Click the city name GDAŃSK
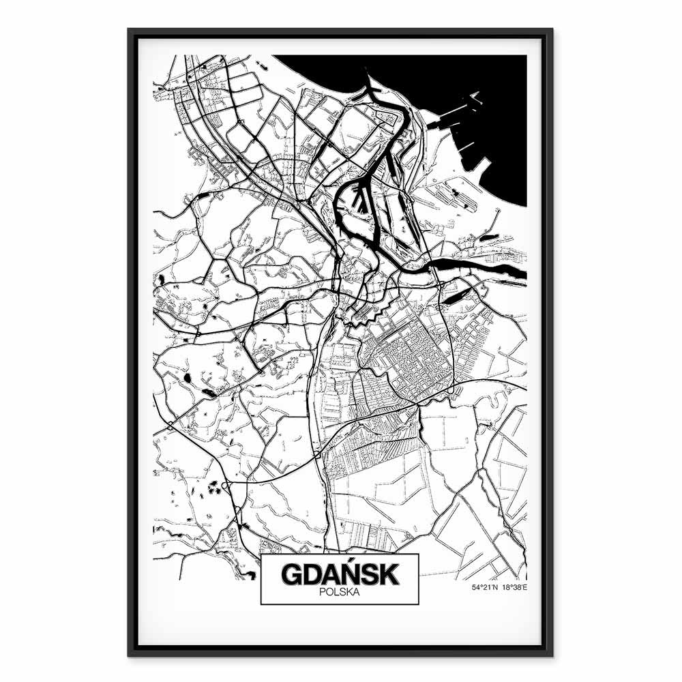(x=339, y=574)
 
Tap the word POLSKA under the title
(x=339, y=593)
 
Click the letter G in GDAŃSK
(x=291, y=574)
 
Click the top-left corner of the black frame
(x=130, y=30)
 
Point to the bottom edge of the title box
(x=339, y=604)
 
